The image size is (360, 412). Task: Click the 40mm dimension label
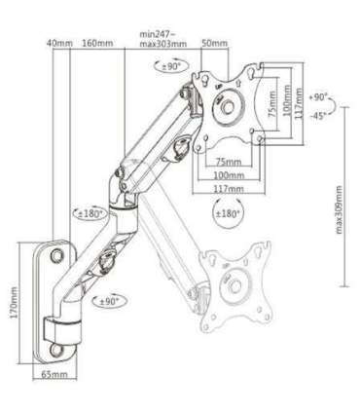pyautogui.click(x=59, y=44)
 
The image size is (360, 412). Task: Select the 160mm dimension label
pyautogui.click(x=96, y=44)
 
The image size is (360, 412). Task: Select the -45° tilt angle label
pyautogui.click(x=317, y=116)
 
